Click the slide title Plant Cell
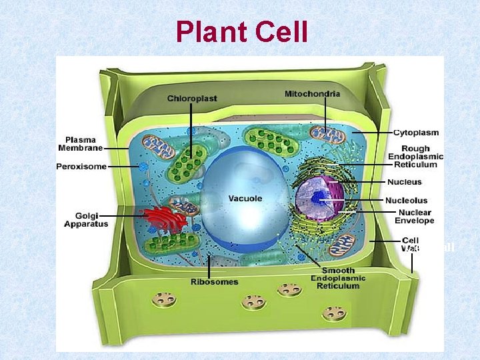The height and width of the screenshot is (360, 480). [242, 31]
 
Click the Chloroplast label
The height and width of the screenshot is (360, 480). [192, 99]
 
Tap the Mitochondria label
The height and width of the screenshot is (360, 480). [312, 94]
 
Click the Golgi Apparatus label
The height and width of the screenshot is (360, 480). [86, 219]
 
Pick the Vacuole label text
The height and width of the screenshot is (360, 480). [245, 198]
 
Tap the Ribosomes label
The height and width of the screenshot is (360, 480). [214, 282]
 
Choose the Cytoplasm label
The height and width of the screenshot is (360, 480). [416, 132]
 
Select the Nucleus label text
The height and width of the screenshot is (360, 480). [404, 181]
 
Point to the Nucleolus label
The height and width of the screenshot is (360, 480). [407, 200]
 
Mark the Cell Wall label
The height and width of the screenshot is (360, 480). [411, 245]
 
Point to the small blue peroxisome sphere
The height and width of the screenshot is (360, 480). [142, 166]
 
